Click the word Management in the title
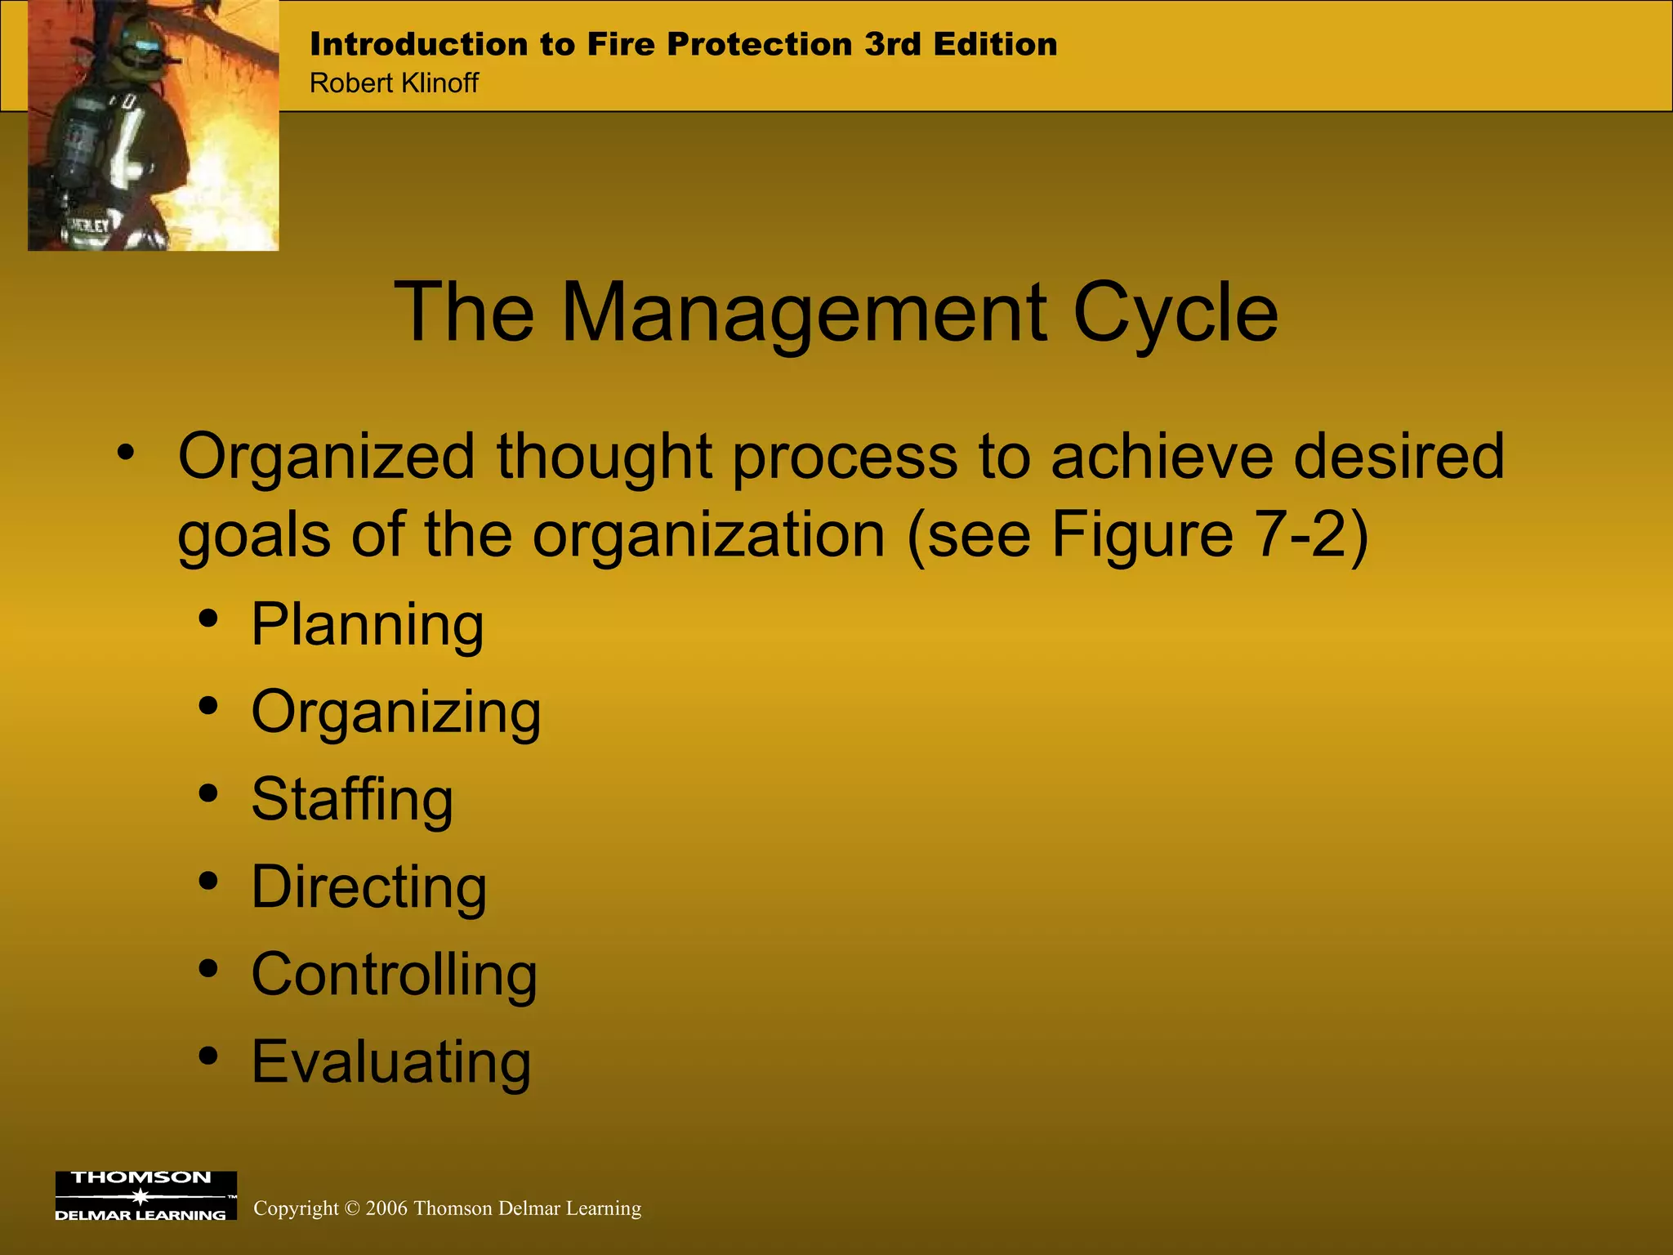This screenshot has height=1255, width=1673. click(x=804, y=313)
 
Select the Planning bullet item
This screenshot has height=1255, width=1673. click(x=367, y=625)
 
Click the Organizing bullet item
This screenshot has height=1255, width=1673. click(x=395, y=712)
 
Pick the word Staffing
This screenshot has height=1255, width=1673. click(x=351, y=800)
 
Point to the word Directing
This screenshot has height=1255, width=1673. click(x=368, y=887)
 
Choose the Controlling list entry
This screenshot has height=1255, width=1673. click(x=394, y=975)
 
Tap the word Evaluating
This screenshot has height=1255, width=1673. click(x=390, y=1062)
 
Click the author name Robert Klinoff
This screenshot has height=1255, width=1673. click(x=394, y=83)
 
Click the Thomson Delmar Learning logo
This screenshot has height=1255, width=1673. click(x=145, y=1196)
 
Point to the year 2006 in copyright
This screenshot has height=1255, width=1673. click(x=386, y=1208)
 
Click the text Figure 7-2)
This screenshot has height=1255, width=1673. click(x=1209, y=535)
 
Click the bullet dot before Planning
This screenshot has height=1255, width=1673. click(x=208, y=619)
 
